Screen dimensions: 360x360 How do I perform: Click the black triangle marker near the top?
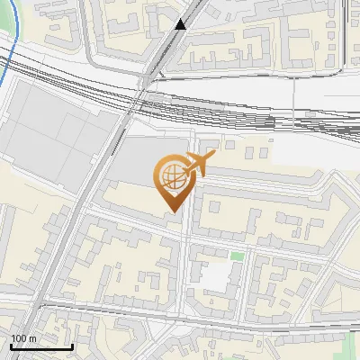tap(181, 24)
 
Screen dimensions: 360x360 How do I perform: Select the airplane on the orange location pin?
tap(197, 165)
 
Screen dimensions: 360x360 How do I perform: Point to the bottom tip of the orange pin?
tap(172, 211)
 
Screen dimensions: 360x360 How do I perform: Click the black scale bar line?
tap(40, 347)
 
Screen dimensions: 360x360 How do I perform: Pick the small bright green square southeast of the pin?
tap(237, 256)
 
